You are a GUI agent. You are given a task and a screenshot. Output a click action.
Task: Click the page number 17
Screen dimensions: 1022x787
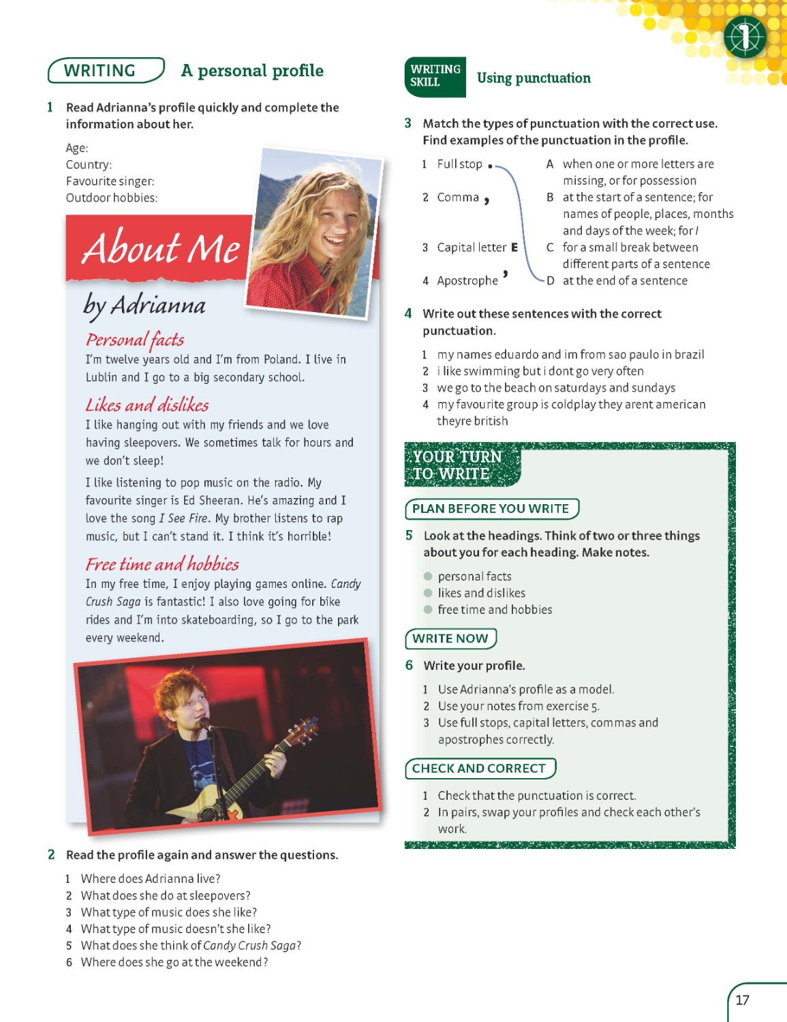click(742, 1000)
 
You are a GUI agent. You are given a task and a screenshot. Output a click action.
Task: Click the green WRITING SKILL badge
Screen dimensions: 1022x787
click(435, 76)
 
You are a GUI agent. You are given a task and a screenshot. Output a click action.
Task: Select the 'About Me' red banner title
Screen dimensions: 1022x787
click(161, 248)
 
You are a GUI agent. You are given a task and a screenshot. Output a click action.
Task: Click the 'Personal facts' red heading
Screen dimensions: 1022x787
click(135, 339)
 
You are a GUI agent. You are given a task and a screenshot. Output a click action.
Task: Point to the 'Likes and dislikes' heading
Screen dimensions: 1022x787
click(147, 405)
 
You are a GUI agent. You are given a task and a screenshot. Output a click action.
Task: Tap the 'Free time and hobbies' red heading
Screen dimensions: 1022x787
click(162, 564)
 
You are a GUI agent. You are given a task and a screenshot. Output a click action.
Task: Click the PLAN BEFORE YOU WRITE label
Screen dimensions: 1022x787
click(491, 509)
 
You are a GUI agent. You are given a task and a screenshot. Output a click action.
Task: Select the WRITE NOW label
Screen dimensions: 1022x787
click(450, 638)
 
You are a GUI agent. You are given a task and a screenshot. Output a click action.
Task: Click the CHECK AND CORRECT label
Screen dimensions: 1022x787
click(479, 769)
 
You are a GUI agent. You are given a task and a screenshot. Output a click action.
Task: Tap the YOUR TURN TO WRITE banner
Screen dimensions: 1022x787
click(458, 465)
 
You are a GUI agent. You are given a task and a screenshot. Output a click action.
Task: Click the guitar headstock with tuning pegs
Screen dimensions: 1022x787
click(305, 731)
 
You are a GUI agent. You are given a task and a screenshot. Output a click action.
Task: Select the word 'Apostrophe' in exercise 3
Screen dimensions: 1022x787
click(467, 281)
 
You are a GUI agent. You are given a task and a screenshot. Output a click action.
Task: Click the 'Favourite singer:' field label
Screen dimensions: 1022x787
click(110, 181)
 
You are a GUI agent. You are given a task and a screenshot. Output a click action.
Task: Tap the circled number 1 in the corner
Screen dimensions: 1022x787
click(745, 37)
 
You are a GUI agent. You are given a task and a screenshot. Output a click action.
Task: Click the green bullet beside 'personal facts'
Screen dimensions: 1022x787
click(428, 576)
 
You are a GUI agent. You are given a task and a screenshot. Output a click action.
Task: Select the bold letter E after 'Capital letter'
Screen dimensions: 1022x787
click(514, 247)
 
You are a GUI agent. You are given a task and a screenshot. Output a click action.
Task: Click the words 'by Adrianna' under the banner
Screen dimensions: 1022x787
click(144, 305)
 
